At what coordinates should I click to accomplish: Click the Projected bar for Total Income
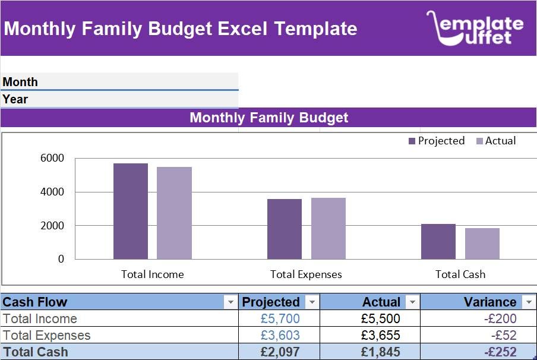click(131, 211)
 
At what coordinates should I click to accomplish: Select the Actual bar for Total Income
click(174, 213)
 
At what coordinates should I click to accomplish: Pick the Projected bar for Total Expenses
click(285, 229)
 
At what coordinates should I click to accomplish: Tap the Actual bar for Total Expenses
click(328, 229)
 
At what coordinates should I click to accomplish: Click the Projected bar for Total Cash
click(438, 242)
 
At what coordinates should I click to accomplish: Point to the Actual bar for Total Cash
click(482, 244)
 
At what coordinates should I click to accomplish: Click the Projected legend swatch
click(412, 141)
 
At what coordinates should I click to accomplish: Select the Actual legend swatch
click(479, 141)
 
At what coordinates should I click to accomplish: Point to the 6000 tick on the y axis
click(52, 159)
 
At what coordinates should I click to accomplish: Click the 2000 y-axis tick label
click(52, 226)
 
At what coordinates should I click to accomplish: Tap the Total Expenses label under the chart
click(306, 274)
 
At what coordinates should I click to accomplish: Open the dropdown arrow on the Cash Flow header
click(230, 302)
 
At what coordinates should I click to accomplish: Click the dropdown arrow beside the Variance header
click(529, 302)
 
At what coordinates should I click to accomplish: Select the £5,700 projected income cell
click(280, 319)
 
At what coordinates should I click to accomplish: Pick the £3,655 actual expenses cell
click(380, 336)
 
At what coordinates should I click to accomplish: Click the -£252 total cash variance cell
click(500, 352)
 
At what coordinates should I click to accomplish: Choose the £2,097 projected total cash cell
click(280, 352)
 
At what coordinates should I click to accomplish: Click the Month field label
click(20, 82)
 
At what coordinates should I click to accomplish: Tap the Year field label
click(15, 99)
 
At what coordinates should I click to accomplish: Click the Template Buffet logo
click(475, 28)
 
